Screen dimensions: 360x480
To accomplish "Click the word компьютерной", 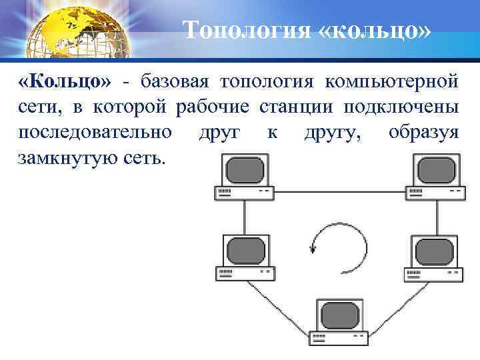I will click(391, 82).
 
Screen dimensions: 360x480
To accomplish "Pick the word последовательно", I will click(96, 133).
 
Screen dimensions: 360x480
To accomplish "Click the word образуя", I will click(423, 133).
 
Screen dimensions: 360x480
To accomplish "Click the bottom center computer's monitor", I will click(338, 314).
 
